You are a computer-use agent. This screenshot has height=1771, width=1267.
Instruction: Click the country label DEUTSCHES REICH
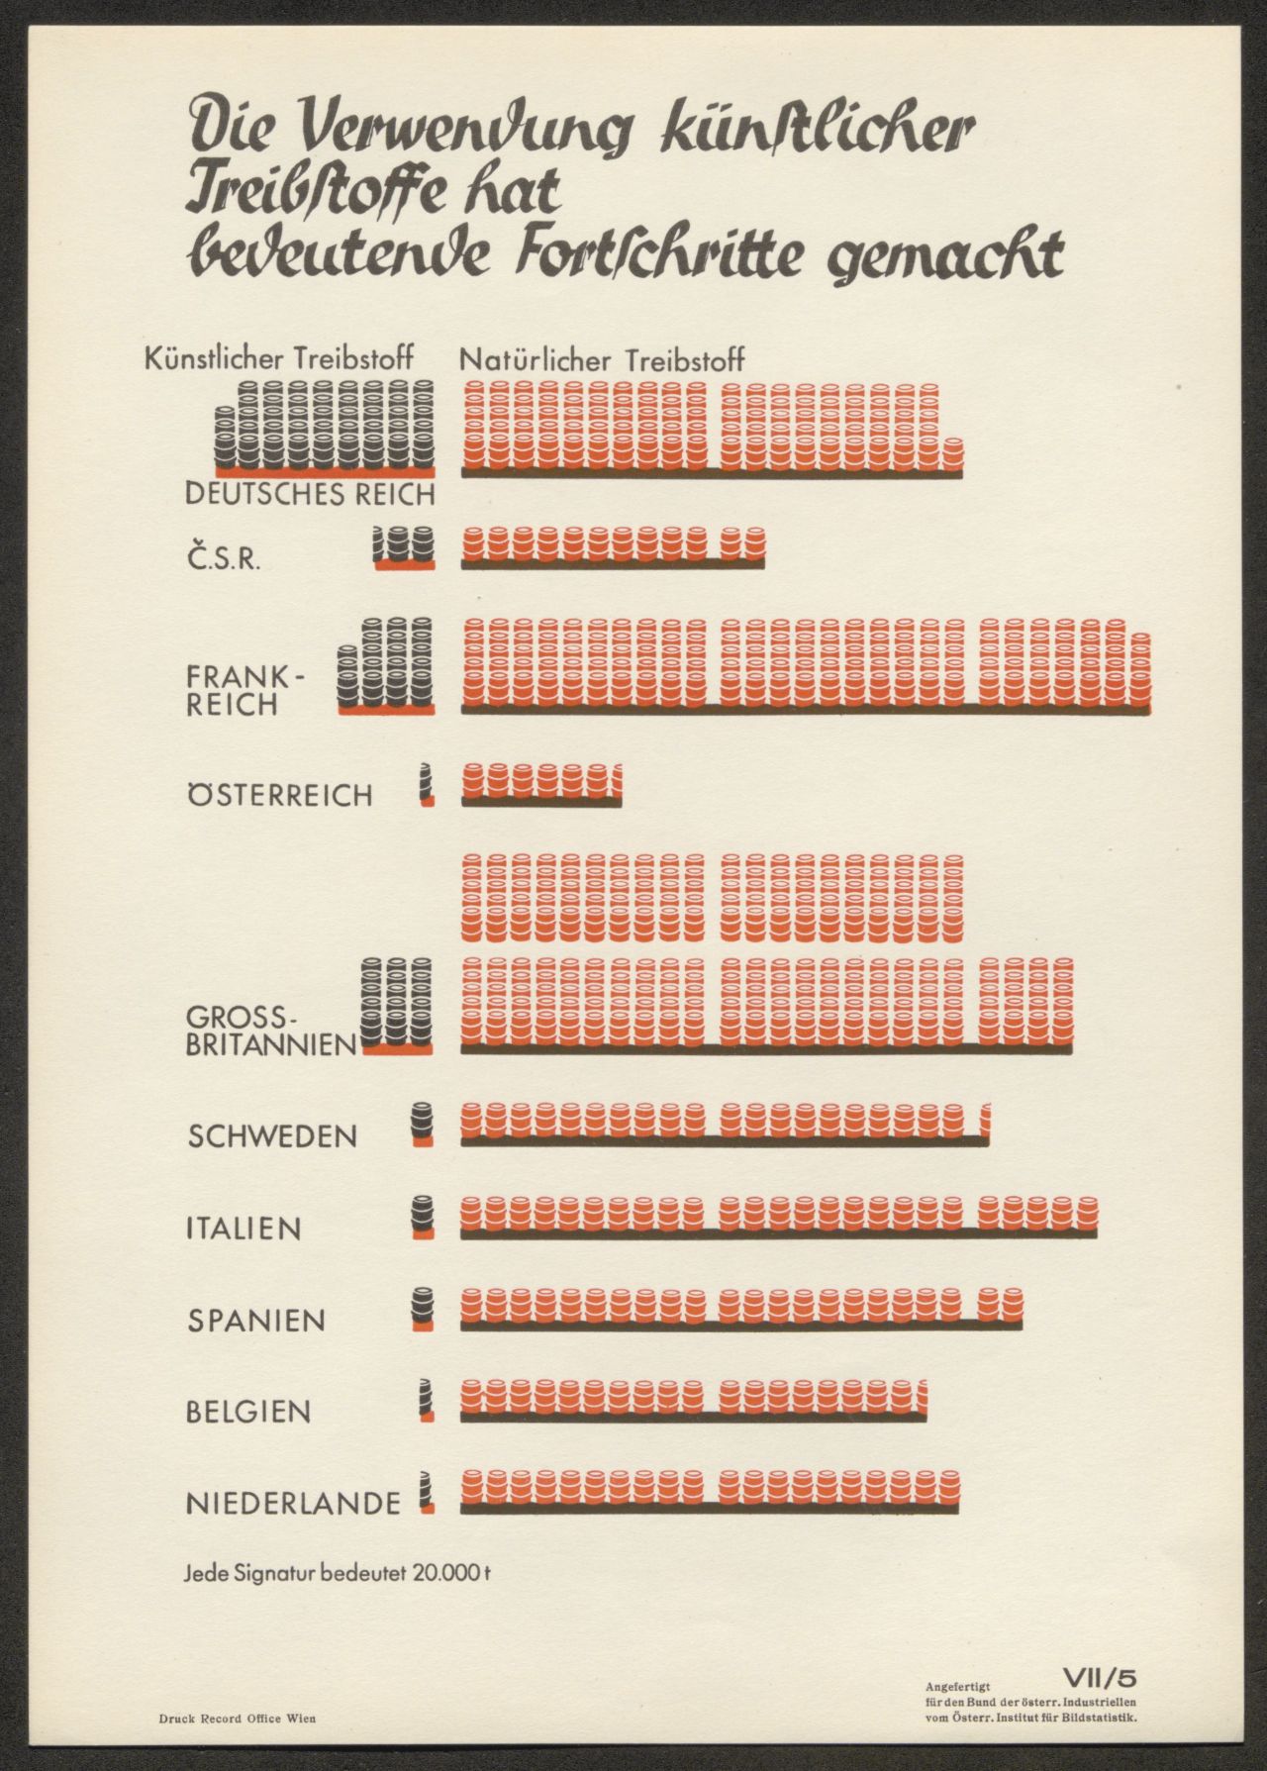coord(310,494)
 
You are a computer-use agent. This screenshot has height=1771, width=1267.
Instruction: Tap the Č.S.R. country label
coord(224,559)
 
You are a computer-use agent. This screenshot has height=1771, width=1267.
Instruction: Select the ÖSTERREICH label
coord(280,796)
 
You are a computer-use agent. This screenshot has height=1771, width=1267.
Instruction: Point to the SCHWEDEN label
coord(272,1135)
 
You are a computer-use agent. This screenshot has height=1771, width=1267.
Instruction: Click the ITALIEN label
coord(244,1229)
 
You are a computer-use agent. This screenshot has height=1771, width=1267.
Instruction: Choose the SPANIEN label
coord(256,1320)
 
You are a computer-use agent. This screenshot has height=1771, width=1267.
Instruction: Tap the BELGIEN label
coord(248,1412)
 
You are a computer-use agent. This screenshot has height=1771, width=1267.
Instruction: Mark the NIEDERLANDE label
coord(293,1504)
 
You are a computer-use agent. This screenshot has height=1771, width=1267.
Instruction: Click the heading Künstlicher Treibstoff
coord(279,358)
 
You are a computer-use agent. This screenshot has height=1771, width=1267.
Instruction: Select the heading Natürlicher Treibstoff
coord(602,360)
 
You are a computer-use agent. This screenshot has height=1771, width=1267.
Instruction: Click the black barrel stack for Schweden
coord(423,1121)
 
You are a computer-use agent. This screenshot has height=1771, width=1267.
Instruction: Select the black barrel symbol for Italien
coord(424,1213)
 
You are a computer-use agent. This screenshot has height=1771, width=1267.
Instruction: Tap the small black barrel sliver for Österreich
coord(427,782)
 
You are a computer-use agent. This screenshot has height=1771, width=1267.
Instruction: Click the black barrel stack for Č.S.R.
coord(404,543)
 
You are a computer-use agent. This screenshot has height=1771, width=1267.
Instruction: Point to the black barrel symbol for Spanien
coord(424,1305)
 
